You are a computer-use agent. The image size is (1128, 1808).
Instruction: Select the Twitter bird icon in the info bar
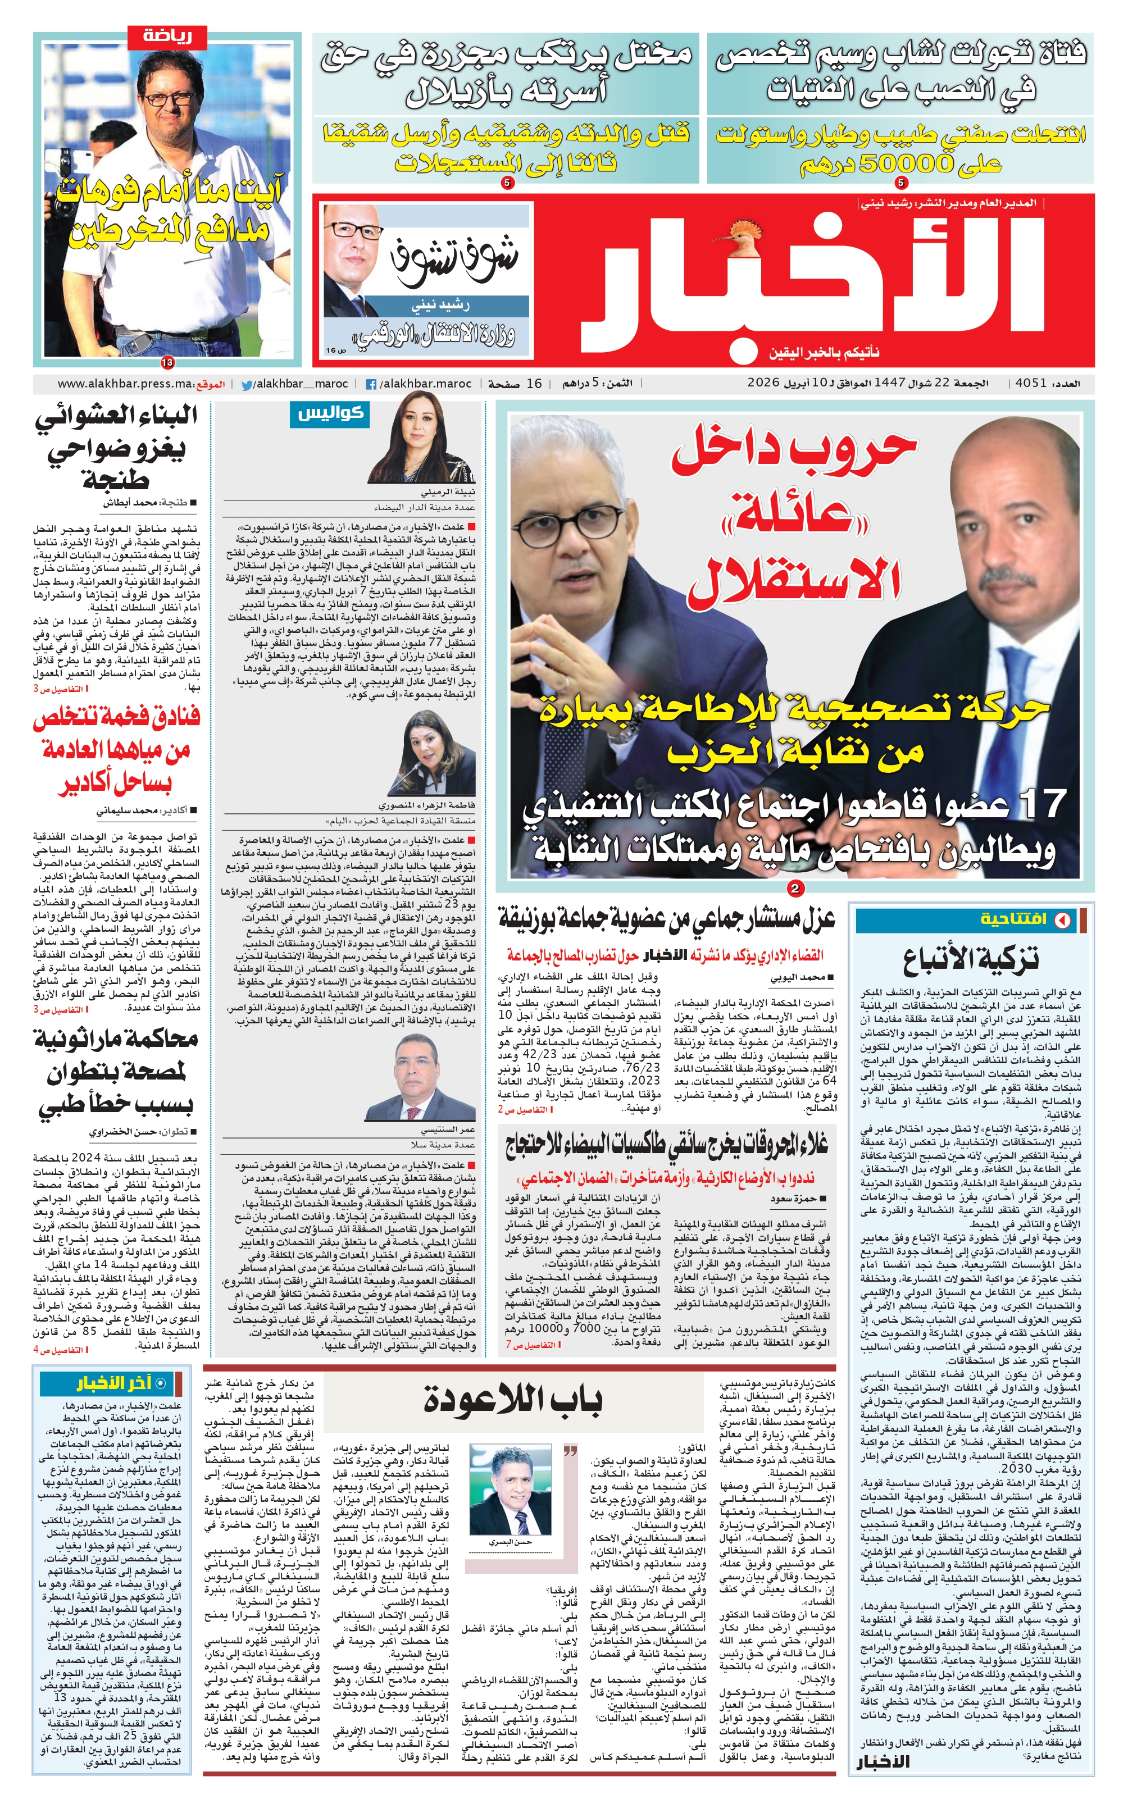(x=246, y=385)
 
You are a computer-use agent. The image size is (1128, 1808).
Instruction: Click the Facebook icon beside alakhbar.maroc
(x=371, y=385)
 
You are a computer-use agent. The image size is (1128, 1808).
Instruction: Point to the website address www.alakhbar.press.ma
(x=125, y=384)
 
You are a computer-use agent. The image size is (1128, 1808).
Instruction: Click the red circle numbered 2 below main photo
(x=795, y=889)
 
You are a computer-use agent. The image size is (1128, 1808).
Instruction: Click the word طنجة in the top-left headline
(x=116, y=479)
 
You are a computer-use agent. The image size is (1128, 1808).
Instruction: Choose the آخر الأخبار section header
(x=116, y=1383)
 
